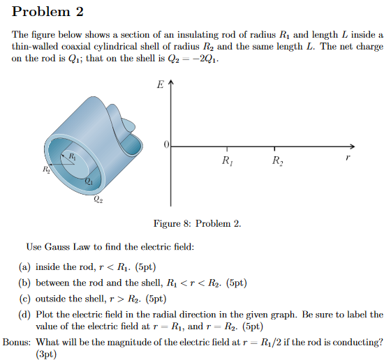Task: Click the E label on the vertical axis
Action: (161, 86)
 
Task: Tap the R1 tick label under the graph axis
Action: (226, 163)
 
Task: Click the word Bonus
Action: (16, 342)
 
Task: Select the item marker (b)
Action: (24, 283)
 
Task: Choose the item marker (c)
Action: (24, 299)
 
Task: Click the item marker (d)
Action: (24, 315)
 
